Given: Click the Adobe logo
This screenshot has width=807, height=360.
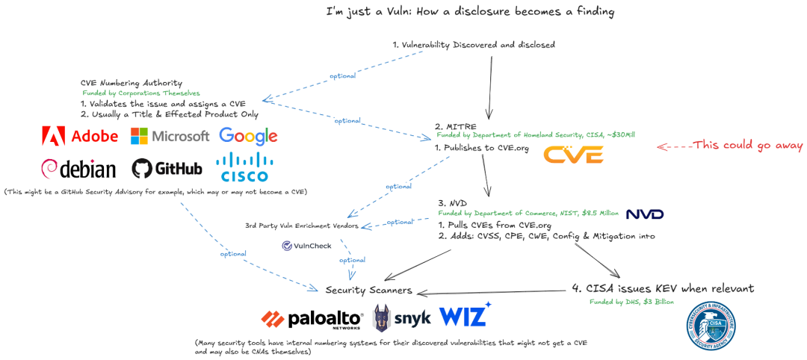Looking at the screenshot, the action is (x=80, y=136).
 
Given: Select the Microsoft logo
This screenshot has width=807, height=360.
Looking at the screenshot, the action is (x=170, y=136).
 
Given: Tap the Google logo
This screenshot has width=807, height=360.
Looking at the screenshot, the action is (x=248, y=136).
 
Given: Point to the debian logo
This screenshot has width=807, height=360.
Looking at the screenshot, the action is (x=79, y=168).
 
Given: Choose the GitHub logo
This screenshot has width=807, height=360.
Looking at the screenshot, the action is (x=167, y=168).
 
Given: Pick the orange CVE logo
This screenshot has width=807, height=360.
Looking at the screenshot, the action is (x=573, y=155).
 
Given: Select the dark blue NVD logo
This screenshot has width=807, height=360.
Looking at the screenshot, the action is (x=644, y=214).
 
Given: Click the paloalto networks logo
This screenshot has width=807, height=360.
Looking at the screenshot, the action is (x=312, y=319).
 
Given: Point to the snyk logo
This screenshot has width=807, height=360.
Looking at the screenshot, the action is (x=401, y=317).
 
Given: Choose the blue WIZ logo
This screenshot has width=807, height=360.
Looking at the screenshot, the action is (x=465, y=314).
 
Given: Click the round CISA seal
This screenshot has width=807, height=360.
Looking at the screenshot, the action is (x=717, y=326).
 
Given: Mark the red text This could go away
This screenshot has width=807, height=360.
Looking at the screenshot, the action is (x=747, y=145).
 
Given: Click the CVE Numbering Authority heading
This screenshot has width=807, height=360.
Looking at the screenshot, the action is (x=131, y=82).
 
